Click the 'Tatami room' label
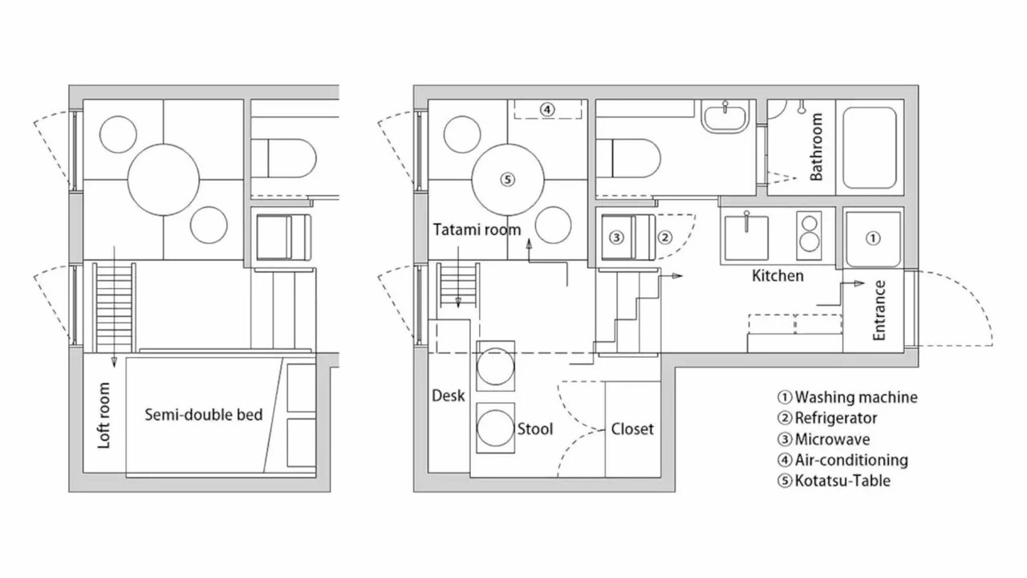(x=477, y=230)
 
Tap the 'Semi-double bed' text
(x=204, y=415)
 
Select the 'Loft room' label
(x=104, y=416)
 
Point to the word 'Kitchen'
(x=777, y=275)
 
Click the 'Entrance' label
(x=879, y=311)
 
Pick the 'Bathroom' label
(x=816, y=147)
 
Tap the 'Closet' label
(x=632, y=429)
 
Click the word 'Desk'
(x=449, y=396)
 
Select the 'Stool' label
(x=535, y=429)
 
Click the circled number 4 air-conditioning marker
(x=547, y=110)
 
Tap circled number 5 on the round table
(x=508, y=179)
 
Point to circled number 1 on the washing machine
(x=872, y=238)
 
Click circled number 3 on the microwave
(x=617, y=237)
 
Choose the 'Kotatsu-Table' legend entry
(x=834, y=481)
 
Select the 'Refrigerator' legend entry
(x=827, y=418)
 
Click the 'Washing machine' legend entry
(x=848, y=397)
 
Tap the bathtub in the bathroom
(x=869, y=148)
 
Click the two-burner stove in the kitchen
(x=809, y=236)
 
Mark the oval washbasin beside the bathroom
(x=725, y=117)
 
